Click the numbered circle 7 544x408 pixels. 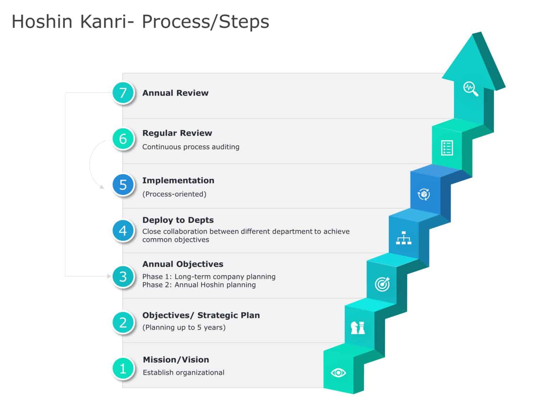pos(123,93)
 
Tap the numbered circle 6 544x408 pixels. pos(123,138)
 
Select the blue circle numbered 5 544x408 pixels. pos(123,185)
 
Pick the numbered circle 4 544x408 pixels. pos(123,231)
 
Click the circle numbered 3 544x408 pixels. pos(123,276)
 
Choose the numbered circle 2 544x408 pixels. pos(123,322)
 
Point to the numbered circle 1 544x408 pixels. pos(123,368)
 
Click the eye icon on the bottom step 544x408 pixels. pos(338,373)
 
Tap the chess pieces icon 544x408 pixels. pos(358,328)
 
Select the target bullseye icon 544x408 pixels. pos(382,284)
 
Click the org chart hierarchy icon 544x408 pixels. pos(403,238)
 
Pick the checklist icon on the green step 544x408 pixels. pos(447,148)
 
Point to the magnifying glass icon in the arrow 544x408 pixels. pos(471,89)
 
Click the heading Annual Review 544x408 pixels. pos(175,93)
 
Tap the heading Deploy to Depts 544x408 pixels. pos(178,220)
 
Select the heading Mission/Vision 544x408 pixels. pos(176,359)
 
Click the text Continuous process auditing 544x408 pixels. pos(191,147)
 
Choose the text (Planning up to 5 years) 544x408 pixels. pos(184,327)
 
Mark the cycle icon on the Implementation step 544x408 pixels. pos(424,194)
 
